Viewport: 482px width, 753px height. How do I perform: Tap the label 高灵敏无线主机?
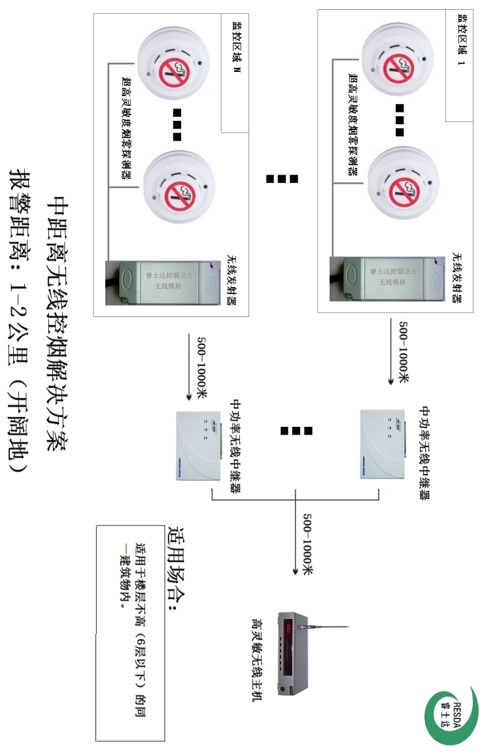point(258,663)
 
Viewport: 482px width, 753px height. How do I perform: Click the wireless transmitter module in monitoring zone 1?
point(392,278)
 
